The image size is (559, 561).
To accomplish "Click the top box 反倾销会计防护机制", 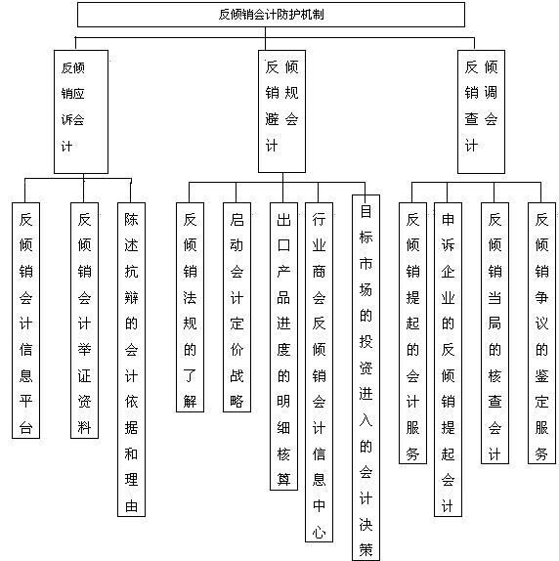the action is click(271, 15).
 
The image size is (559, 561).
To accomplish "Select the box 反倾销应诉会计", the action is click(81, 111).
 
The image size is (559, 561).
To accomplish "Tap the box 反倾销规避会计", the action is click(281, 111).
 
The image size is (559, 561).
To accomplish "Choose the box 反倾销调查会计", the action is click(481, 111).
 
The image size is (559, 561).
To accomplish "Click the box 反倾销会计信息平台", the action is click(25, 321).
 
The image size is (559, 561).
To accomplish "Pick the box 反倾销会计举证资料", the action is click(84, 321).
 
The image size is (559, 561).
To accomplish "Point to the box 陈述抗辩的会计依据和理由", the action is click(131, 360).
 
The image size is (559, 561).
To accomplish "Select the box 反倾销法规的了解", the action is click(190, 307).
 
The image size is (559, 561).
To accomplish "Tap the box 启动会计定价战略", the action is click(236, 307).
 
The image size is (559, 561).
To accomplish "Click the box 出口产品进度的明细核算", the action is click(283, 346).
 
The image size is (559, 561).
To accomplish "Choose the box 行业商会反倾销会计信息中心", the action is click(319, 372).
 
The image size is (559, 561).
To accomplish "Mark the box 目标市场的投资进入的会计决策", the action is click(365, 377).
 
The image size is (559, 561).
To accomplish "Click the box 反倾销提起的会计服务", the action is click(412, 333).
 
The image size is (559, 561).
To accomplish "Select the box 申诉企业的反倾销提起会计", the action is click(448, 360).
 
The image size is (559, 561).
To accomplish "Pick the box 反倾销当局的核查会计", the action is click(494, 333).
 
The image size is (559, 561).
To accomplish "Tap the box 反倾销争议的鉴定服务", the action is click(541, 333).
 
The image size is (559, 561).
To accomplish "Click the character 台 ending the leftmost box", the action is click(25, 427).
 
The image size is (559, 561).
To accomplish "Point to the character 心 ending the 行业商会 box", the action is click(319, 532).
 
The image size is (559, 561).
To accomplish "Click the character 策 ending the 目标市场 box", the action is click(365, 550).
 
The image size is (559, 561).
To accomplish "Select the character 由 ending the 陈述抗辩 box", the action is click(131, 506).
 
